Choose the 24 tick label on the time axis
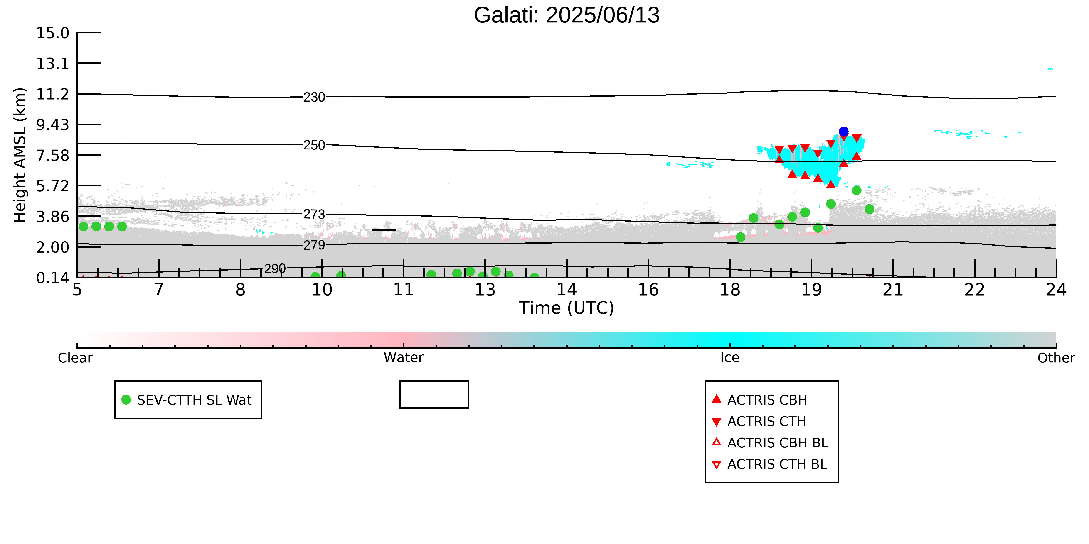click(x=1056, y=290)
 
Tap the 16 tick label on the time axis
click(x=648, y=290)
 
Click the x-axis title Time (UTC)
click(x=567, y=308)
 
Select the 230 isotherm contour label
click(x=314, y=97)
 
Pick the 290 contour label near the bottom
click(x=275, y=269)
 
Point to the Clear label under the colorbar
click(x=75, y=358)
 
